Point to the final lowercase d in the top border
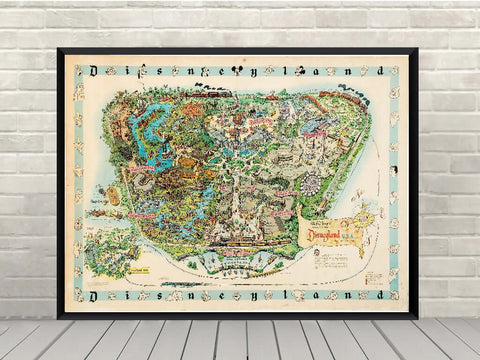[378, 71]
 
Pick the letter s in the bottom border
[162, 296]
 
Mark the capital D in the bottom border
[98, 296]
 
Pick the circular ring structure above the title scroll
[309, 184]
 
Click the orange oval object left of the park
[113, 196]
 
